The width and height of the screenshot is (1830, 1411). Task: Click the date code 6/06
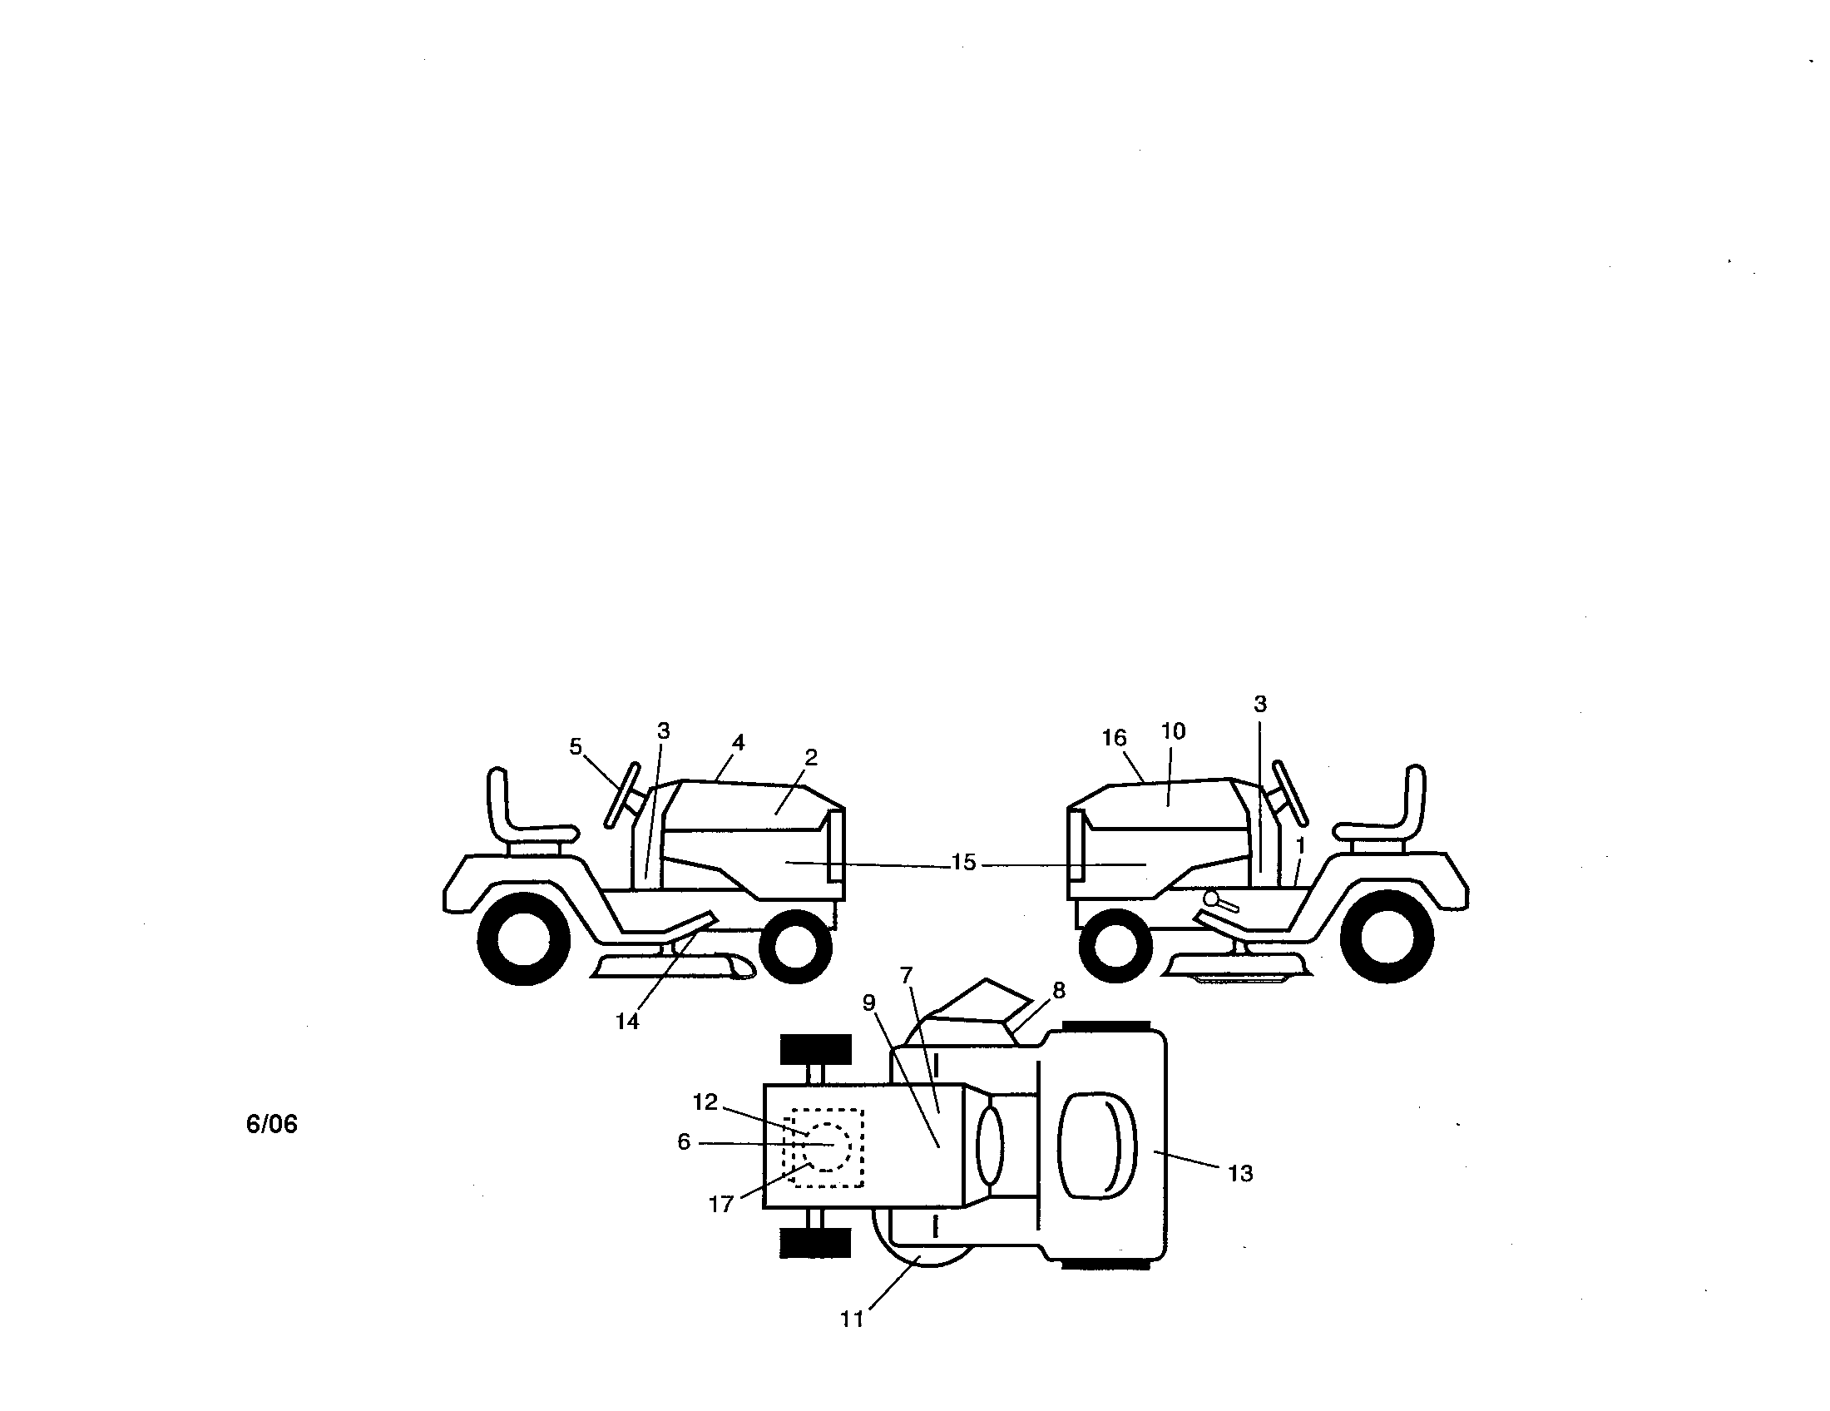coord(271,1125)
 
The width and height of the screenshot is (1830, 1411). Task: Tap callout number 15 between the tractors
coord(963,862)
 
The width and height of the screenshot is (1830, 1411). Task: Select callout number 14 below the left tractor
coord(626,1022)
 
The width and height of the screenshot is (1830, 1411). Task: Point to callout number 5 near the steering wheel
coord(576,746)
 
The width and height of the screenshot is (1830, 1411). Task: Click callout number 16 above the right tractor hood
coord(1114,738)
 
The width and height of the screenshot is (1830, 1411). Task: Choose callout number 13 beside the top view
coord(1240,1174)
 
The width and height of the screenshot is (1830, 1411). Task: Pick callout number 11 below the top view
coord(851,1319)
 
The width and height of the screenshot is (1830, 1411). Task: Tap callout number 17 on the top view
coord(720,1204)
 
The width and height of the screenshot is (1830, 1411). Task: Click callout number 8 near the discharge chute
coord(1059,990)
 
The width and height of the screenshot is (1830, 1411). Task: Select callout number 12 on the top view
coord(705,1102)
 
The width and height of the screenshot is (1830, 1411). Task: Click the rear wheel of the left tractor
coord(524,938)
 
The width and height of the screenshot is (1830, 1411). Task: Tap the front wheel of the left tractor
coord(795,944)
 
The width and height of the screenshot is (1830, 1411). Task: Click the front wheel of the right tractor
coord(1116,944)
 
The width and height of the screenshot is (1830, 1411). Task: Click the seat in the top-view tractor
coord(1098,1145)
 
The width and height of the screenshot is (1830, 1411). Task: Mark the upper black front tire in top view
coord(815,1049)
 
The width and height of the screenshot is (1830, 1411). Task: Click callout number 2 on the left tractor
coord(810,757)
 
